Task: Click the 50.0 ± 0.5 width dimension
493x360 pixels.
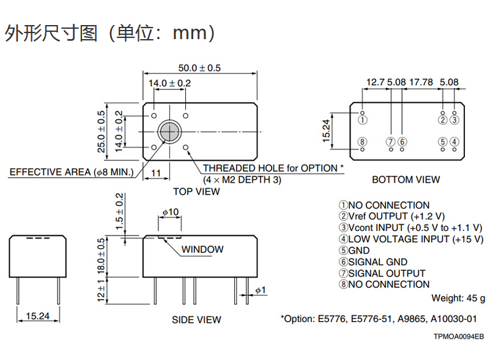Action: (199, 68)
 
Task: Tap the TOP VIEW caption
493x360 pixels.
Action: (196, 191)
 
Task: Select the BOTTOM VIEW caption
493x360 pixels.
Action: (406, 180)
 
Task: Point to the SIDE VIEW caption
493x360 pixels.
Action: (196, 320)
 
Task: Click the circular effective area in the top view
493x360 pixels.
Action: (168, 131)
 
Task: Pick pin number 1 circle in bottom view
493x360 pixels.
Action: (363, 120)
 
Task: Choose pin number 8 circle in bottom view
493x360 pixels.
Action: (363, 142)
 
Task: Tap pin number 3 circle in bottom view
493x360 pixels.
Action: (454, 120)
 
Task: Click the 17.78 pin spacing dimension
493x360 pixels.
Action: (421, 82)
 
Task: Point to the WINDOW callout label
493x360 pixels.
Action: (202, 249)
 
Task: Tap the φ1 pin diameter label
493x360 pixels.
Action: (261, 290)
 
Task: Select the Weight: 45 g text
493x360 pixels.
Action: (458, 298)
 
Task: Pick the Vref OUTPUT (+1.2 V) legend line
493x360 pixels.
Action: (392, 216)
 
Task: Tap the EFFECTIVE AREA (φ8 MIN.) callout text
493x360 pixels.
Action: (72, 172)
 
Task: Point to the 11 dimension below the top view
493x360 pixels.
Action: (156, 174)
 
